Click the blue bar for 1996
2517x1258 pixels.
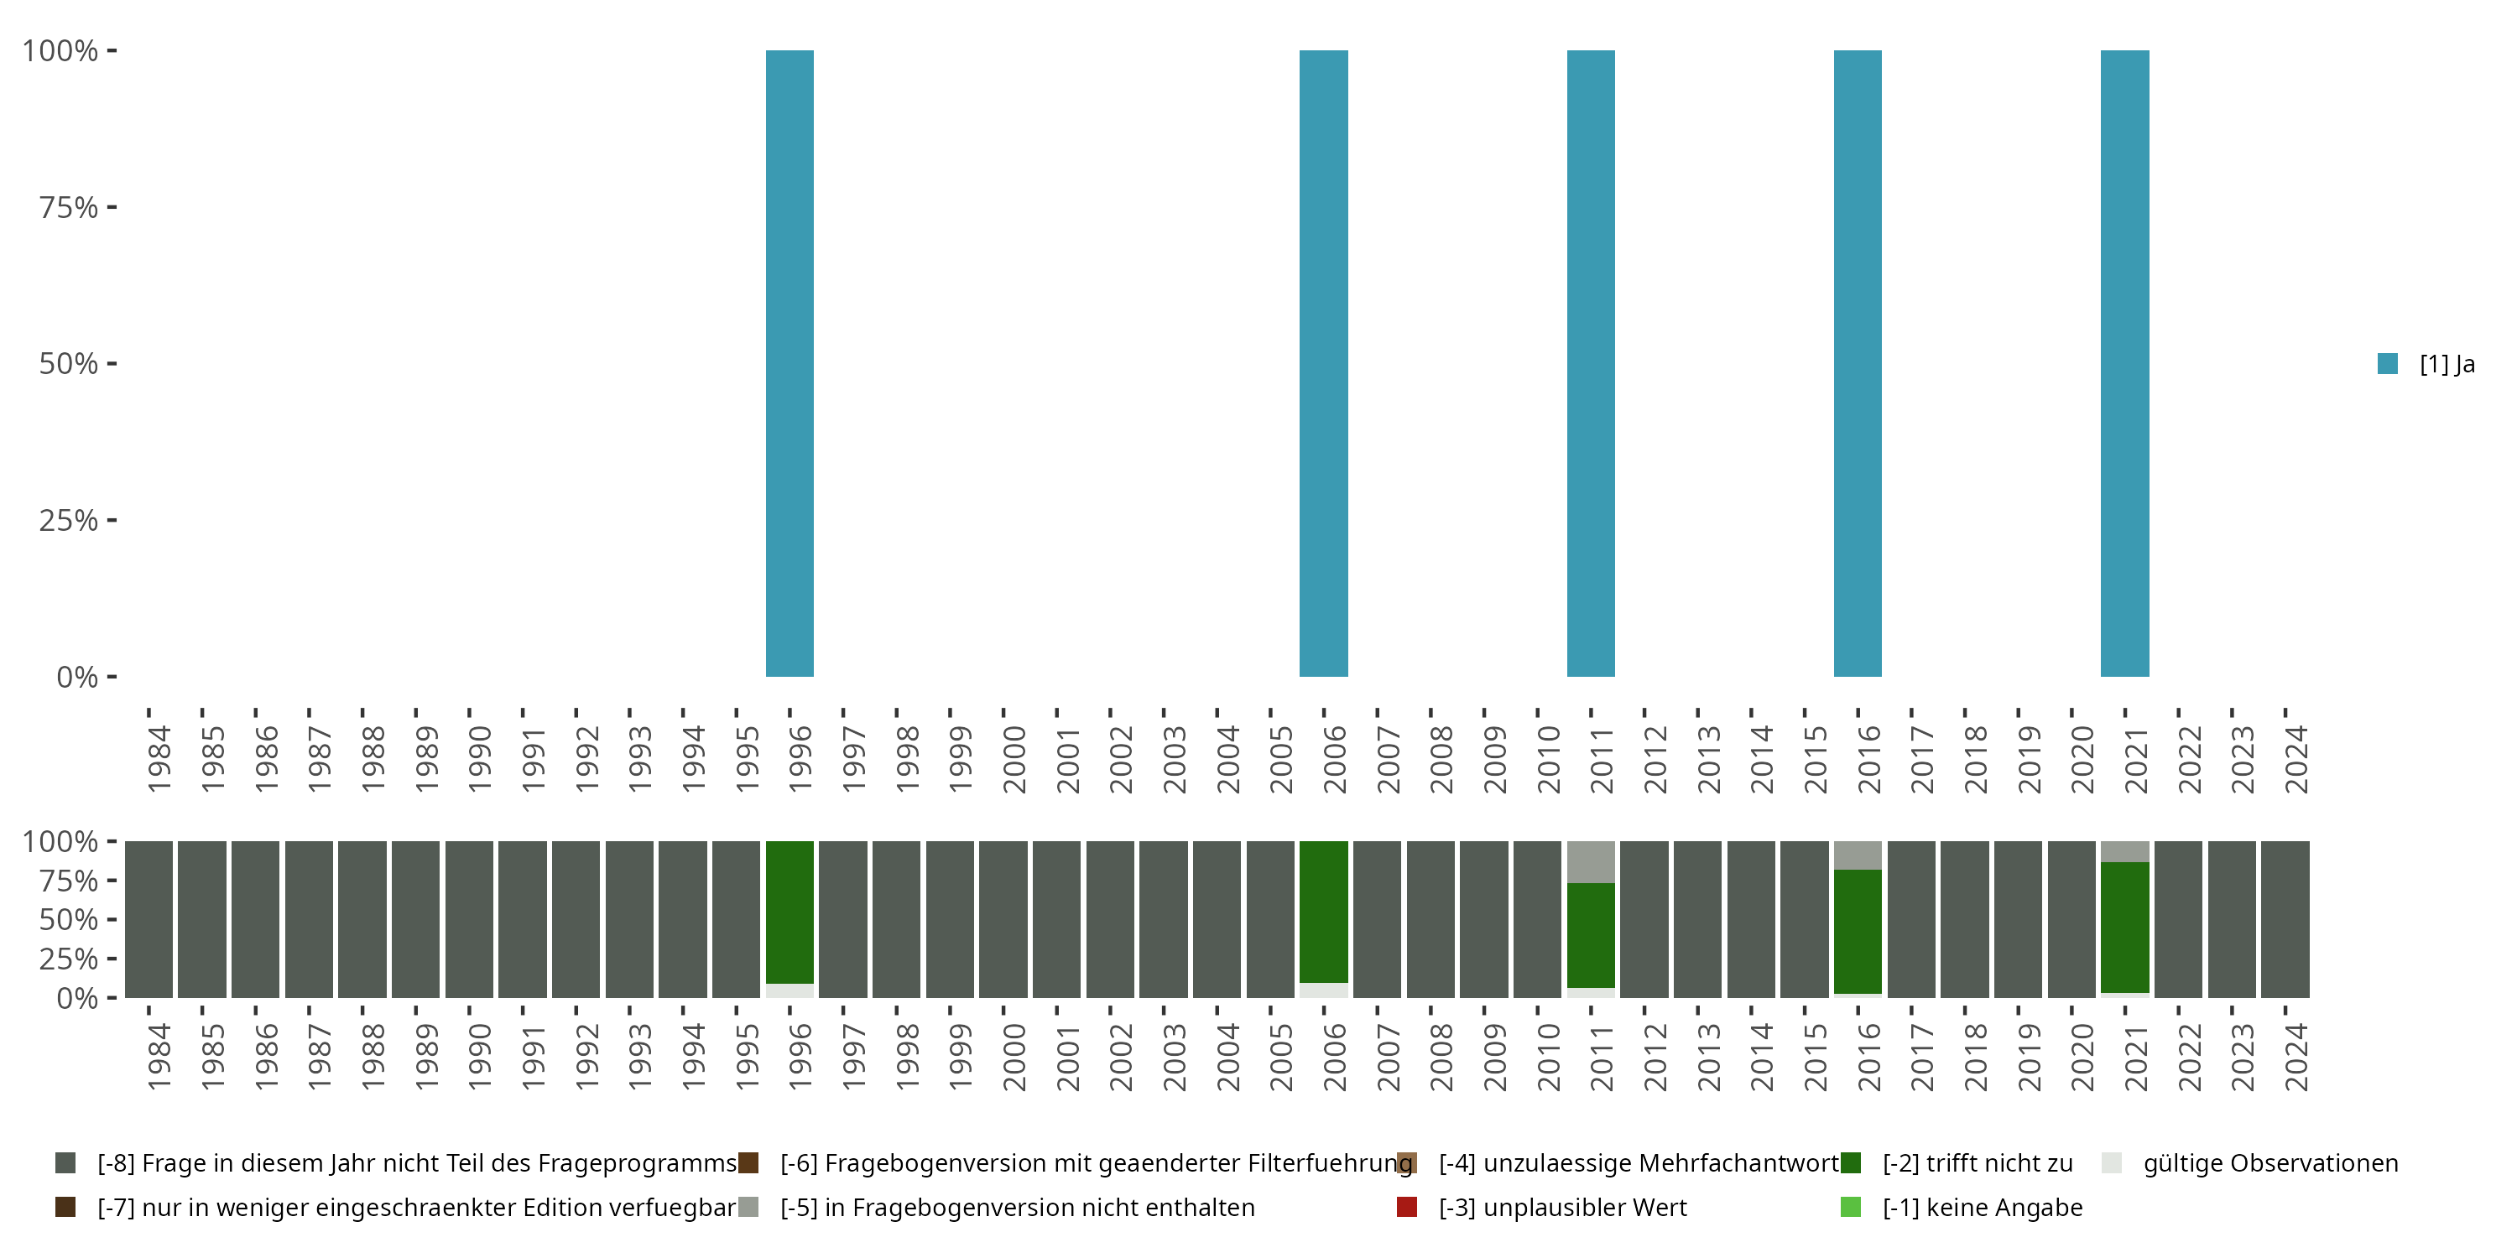(789, 363)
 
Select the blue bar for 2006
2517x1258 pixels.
(1323, 363)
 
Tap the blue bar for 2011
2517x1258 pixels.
(1591, 363)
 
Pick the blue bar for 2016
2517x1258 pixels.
(1858, 363)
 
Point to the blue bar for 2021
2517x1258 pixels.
(2124, 363)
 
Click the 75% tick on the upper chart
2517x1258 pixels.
(69, 207)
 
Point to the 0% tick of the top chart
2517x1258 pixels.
(76, 677)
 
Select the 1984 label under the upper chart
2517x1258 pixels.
(159, 759)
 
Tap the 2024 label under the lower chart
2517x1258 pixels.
(2296, 1057)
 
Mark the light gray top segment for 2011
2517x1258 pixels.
(1591, 861)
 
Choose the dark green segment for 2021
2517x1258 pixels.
(2124, 927)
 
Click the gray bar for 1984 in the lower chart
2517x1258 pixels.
(149, 919)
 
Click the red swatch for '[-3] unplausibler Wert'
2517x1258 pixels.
(1407, 1207)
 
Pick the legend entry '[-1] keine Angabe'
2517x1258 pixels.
(1982, 1207)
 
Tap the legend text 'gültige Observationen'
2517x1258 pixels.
(2269, 1163)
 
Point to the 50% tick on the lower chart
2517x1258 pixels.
(69, 919)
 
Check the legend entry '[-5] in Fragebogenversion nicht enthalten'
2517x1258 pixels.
(1016, 1207)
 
